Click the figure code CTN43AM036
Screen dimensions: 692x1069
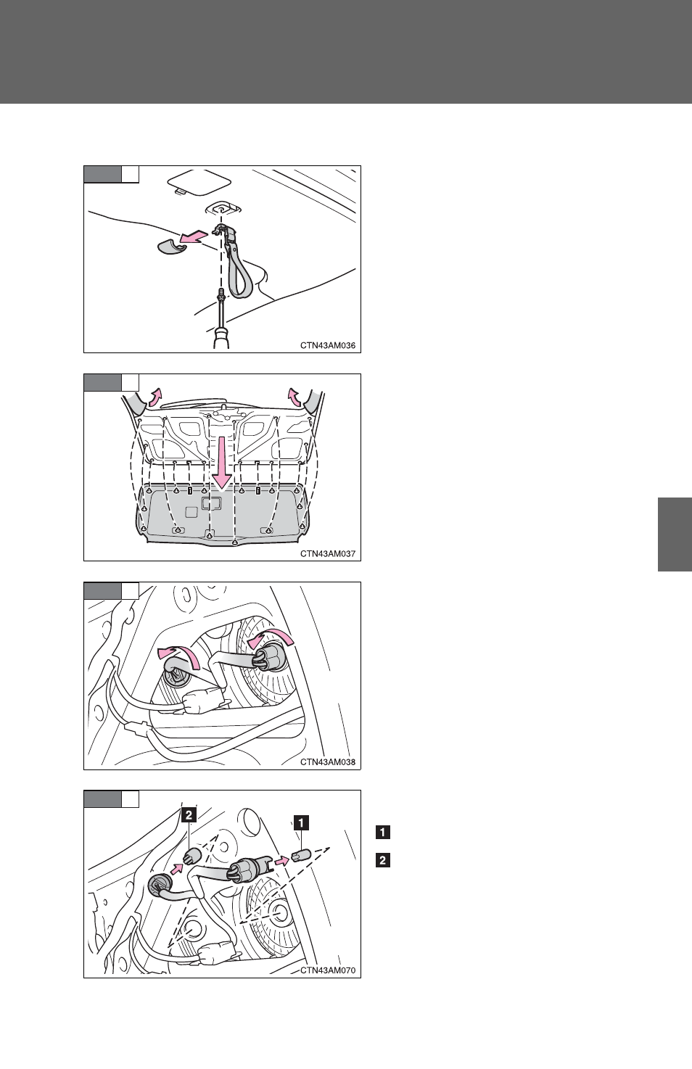click(328, 345)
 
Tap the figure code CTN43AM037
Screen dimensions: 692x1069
click(328, 553)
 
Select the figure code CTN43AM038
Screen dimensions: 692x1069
click(328, 761)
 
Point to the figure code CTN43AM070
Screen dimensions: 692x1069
click(328, 970)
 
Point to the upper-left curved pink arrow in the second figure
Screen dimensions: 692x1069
click(155, 397)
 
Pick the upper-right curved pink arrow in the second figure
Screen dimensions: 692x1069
click(293, 397)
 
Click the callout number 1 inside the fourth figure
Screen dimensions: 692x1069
click(301, 822)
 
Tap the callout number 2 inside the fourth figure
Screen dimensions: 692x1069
click(189, 814)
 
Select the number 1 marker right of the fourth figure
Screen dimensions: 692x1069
click(383, 833)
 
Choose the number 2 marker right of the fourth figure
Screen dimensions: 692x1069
click(383, 860)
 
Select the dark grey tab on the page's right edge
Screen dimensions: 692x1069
click(675, 534)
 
